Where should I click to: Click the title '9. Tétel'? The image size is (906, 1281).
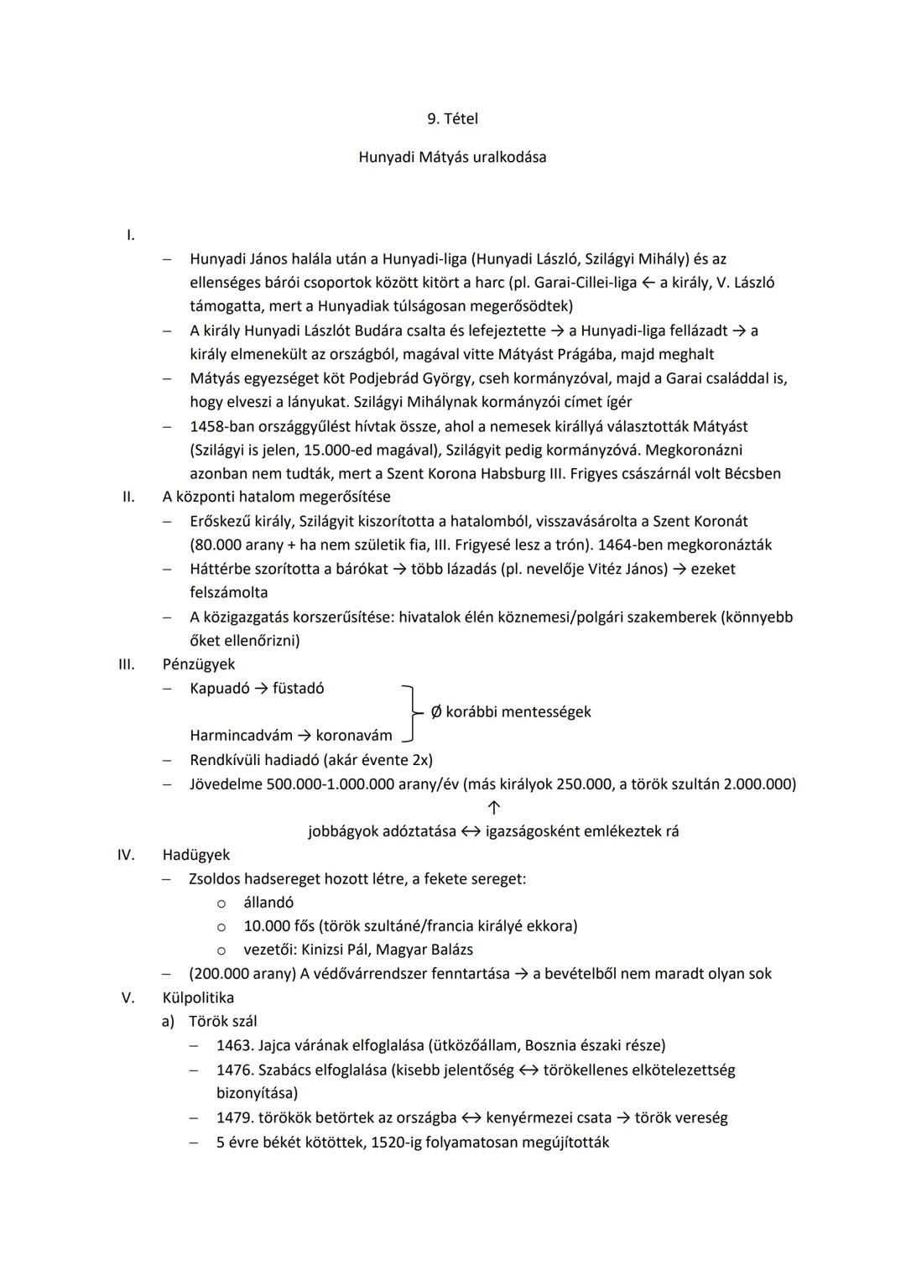pos(452,119)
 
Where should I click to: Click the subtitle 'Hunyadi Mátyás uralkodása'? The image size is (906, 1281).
pos(452,157)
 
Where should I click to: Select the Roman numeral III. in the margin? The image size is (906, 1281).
pos(126,664)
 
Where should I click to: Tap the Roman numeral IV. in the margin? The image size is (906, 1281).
pos(126,855)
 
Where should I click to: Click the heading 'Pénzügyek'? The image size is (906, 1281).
pos(199,664)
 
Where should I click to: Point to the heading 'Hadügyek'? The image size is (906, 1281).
pos(195,855)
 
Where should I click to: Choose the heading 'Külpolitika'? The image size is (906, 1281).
pos(198,997)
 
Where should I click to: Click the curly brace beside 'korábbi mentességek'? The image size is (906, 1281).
pos(410,712)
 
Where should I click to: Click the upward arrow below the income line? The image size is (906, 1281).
pos(494,808)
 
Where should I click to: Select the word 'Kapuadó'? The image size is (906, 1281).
pos(219,688)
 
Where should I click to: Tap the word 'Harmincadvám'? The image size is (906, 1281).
pos(240,736)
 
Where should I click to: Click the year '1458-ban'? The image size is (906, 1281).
pos(221,426)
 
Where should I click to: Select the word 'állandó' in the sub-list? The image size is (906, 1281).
pos(268,903)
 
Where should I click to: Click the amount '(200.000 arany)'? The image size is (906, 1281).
pos(241,973)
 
